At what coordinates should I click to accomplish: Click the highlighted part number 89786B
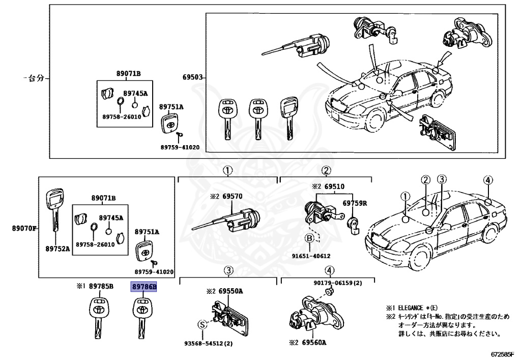tap(144, 287)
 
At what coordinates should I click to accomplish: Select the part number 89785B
tap(101, 286)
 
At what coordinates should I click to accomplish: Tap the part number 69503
tap(192, 77)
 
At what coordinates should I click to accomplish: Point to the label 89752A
tap(57, 248)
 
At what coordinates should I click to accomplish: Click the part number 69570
tap(232, 197)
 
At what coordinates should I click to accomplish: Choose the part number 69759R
tap(355, 203)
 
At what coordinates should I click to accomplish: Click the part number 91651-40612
tap(311, 256)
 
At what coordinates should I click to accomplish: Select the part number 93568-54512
tap(204, 343)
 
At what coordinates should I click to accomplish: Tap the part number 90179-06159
tap(333, 283)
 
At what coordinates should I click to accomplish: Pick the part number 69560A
tap(314, 342)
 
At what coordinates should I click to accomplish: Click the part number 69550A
tap(230, 292)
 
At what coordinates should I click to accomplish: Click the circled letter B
tap(309, 238)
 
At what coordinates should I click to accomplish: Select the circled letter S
tap(202, 325)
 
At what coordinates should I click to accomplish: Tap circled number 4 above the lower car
tap(487, 180)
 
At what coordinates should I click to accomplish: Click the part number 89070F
tap(24, 228)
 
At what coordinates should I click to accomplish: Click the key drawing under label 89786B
tap(141, 317)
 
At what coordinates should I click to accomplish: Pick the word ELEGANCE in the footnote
tap(411, 308)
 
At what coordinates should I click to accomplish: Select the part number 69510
tap(334, 186)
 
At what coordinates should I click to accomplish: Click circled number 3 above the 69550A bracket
tap(228, 270)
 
